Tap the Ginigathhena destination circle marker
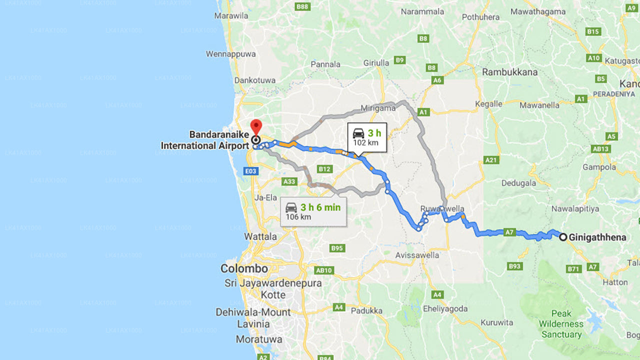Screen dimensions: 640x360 (x=563, y=237)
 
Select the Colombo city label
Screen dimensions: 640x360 (x=244, y=268)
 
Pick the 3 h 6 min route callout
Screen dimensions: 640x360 (x=313, y=211)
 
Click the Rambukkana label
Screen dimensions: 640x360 (x=509, y=72)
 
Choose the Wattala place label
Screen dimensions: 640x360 (x=260, y=236)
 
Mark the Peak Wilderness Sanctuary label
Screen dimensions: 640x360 (x=561, y=324)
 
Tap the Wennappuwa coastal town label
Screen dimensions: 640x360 (x=231, y=53)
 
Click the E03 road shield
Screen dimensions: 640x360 (x=251, y=171)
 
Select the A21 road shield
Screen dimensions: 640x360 (x=491, y=160)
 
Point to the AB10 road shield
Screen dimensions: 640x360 (x=324, y=270)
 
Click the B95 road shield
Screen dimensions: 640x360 (x=337, y=248)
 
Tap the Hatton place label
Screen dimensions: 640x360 (x=614, y=282)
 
